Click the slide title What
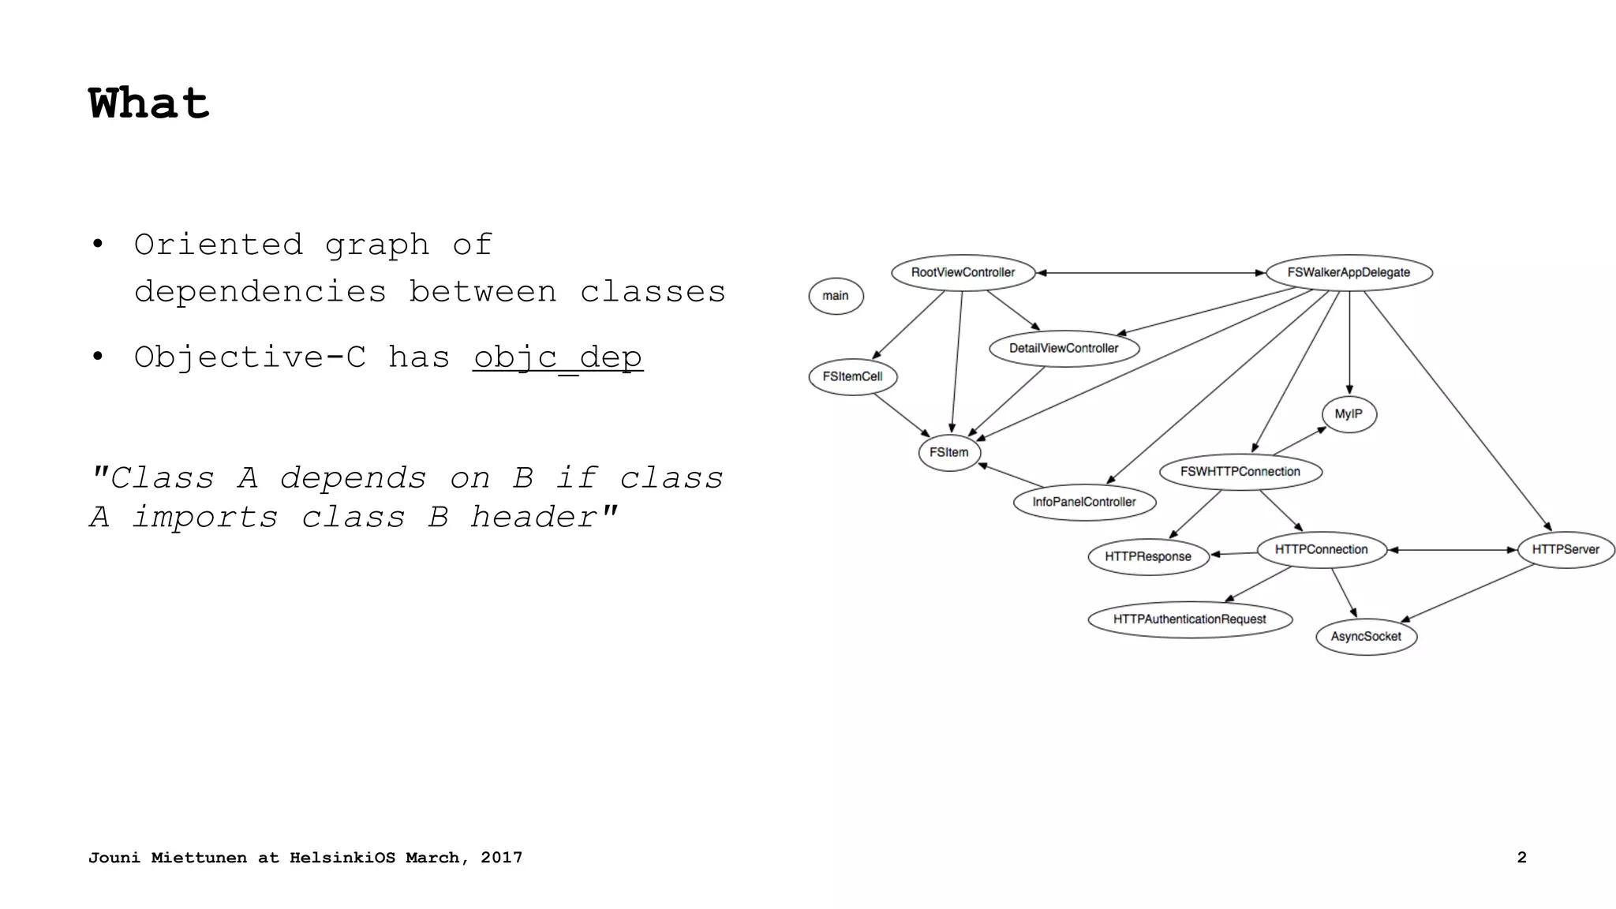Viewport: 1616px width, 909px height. click(x=149, y=103)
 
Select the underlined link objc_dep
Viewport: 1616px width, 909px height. click(x=558, y=357)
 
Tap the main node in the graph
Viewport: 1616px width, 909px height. click(x=836, y=296)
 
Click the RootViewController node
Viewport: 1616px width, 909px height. click(x=963, y=272)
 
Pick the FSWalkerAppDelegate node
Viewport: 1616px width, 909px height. click(x=1349, y=272)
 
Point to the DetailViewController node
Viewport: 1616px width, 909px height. click(x=1064, y=348)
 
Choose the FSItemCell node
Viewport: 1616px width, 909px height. click(x=852, y=376)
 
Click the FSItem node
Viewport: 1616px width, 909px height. click(x=948, y=452)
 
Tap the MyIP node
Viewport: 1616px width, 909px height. click(x=1349, y=414)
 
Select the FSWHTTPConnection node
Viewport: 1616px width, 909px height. click(x=1240, y=472)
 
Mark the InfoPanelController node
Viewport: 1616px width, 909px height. click(x=1084, y=502)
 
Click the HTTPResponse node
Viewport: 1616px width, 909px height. click(x=1148, y=556)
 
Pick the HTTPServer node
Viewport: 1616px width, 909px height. click(x=1565, y=549)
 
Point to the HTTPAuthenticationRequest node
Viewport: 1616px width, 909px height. click(x=1189, y=619)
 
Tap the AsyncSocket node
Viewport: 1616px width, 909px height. click(x=1366, y=637)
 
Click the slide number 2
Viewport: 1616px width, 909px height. click(x=1521, y=858)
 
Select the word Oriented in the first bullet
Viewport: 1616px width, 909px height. click(x=219, y=245)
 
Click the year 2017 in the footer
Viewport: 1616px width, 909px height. click(x=501, y=858)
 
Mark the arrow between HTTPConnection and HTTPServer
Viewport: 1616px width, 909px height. click(x=1452, y=550)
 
